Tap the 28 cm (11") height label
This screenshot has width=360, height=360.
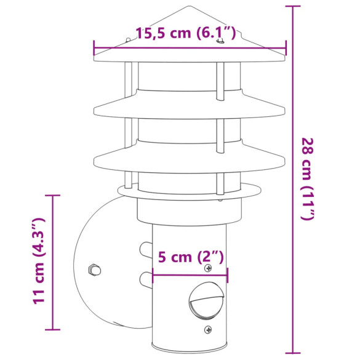point(308,178)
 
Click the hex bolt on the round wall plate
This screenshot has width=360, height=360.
point(94,270)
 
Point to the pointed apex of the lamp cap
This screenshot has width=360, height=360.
point(189,7)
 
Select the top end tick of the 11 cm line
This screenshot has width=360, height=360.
point(53,195)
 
